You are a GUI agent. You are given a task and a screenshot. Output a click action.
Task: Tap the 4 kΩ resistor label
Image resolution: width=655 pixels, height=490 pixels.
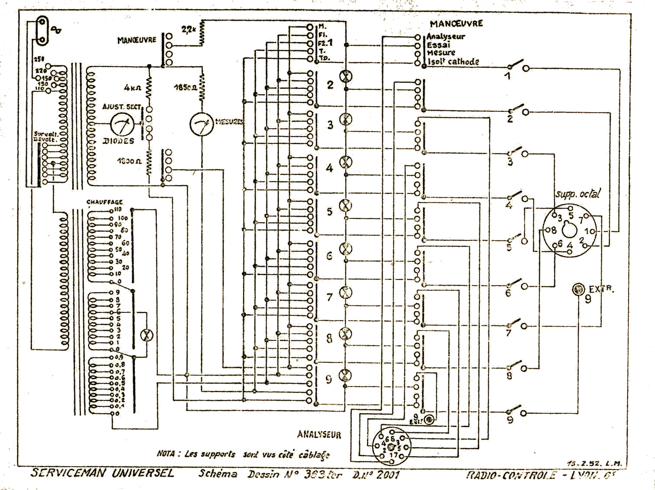[x=132, y=88]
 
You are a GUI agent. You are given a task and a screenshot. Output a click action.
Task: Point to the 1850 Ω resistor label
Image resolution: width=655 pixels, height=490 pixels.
[x=186, y=88]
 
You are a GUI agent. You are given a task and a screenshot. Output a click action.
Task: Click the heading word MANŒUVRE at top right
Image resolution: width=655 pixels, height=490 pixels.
[x=456, y=24]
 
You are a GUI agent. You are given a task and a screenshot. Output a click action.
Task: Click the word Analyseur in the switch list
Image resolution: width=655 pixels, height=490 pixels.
[x=446, y=37]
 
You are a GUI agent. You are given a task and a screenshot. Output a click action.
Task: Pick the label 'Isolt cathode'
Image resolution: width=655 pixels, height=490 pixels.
[x=453, y=62]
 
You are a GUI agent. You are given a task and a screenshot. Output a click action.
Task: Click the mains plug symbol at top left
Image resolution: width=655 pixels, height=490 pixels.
[x=42, y=31]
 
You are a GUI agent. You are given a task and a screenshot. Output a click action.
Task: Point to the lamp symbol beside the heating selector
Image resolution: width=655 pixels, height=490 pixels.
[x=146, y=335]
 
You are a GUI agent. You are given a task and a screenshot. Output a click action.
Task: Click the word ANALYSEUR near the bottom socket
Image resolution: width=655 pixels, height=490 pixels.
[x=319, y=435]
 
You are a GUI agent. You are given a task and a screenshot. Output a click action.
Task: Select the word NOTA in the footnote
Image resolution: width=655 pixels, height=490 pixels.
[x=165, y=454]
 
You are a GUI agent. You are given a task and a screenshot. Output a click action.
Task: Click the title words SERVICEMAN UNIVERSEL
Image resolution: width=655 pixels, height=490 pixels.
[x=102, y=473]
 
